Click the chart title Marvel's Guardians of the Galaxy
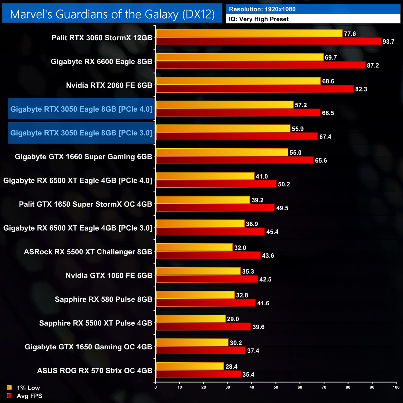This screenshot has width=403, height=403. point(112,14)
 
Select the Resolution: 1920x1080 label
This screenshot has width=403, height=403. point(262,9)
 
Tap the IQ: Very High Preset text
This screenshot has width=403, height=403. point(259,19)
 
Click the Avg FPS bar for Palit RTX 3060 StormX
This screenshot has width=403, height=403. point(268,41)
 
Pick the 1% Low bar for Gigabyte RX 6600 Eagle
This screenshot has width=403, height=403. point(239,57)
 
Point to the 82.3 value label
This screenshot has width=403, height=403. point(361,89)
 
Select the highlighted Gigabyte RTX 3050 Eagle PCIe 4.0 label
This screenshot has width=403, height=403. point(81,109)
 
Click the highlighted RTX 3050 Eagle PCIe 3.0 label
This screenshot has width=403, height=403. point(81,133)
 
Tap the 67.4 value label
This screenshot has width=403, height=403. point(325,137)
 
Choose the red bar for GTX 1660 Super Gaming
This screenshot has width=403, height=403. point(234,160)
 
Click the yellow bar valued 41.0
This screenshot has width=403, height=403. point(205,176)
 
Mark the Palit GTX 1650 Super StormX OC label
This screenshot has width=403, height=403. point(86,204)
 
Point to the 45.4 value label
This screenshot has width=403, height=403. point(272,232)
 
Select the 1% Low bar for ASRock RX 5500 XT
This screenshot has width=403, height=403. point(194,247)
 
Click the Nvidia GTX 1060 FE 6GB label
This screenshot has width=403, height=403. point(109,276)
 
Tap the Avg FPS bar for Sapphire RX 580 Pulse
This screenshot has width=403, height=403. point(206,303)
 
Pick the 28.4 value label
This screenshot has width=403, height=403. point(231,367)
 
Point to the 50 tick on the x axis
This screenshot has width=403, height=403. point(276,387)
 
